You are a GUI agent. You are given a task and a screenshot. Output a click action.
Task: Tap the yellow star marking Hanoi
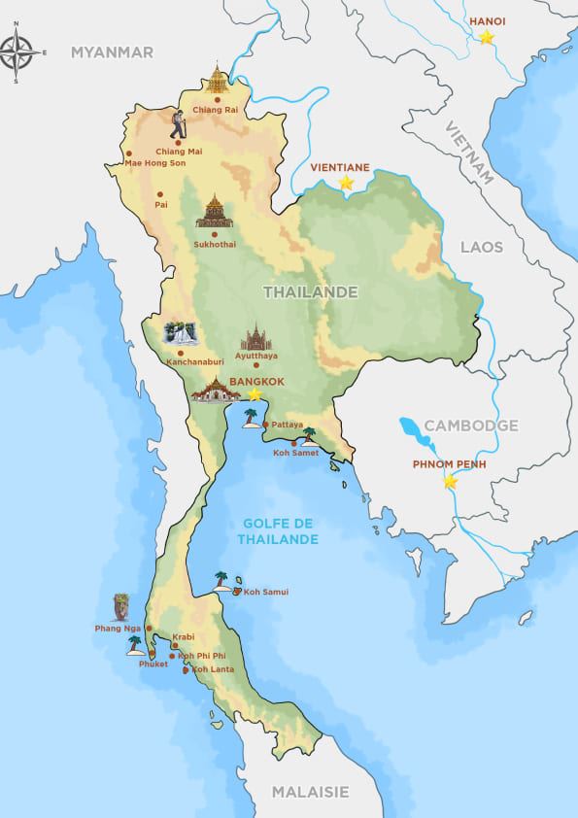(x=486, y=38)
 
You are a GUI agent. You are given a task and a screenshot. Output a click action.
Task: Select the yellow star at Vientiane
(x=345, y=182)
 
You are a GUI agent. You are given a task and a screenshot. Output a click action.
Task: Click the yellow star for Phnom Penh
(x=450, y=482)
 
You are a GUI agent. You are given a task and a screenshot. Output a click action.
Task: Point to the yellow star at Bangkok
(x=255, y=394)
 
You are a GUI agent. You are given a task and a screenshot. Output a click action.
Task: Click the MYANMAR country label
(x=112, y=52)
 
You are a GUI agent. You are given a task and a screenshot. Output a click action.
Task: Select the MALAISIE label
(x=310, y=792)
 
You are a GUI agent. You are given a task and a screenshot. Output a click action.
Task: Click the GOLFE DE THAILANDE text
(x=281, y=531)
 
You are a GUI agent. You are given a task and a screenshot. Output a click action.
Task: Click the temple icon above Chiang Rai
(x=216, y=82)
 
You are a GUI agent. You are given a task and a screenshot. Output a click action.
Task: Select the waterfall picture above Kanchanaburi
(x=181, y=333)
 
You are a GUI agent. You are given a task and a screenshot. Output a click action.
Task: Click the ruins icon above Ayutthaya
(x=256, y=336)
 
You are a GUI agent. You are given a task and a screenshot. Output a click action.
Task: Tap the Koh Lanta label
(x=212, y=669)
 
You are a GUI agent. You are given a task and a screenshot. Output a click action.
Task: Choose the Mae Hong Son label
(x=155, y=163)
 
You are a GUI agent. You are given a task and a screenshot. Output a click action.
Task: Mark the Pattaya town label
(x=288, y=425)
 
